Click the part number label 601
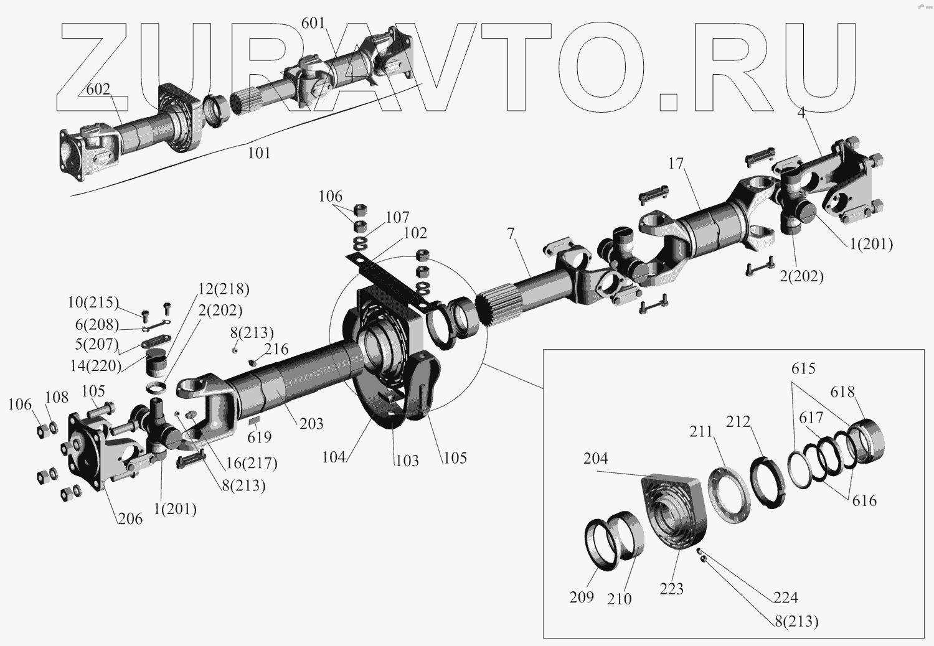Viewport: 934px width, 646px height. [x=313, y=23]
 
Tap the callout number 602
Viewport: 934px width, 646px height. [x=98, y=89]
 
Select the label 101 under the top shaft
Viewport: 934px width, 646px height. [x=259, y=153]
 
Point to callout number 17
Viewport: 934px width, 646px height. [x=676, y=164]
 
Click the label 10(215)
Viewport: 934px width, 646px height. [x=93, y=302]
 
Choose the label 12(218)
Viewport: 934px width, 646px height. [x=224, y=289]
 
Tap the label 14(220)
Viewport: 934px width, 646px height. [x=95, y=365]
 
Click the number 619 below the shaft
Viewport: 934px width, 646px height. [x=260, y=437]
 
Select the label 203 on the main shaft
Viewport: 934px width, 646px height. [x=311, y=423]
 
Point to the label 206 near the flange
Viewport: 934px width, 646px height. [x=130, y=519]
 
